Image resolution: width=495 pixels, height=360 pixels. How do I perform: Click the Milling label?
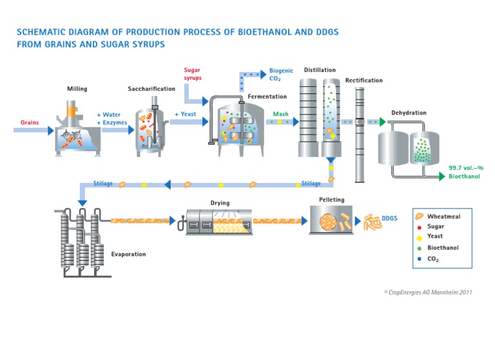[77, 88]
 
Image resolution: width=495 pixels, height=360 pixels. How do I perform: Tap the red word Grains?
[30, 122]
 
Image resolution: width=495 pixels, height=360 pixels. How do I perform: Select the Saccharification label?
[150, 89]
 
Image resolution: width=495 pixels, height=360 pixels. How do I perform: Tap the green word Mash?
[280, 114]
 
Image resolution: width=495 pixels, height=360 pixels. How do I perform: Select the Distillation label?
[320, 70]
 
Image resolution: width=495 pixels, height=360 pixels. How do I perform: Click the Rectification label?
[364, 81]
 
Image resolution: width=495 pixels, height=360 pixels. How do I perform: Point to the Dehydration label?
[409, 113]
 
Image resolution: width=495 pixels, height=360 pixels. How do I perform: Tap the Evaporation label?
[128, 254]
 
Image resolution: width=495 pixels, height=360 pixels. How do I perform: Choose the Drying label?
[220, 203]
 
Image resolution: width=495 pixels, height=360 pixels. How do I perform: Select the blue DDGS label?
[389, 219]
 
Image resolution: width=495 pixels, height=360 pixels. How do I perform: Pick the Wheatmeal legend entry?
[443, 217]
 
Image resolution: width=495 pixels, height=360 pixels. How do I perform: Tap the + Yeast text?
[185, 115]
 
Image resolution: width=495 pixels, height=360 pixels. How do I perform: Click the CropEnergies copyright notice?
[428, 292]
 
